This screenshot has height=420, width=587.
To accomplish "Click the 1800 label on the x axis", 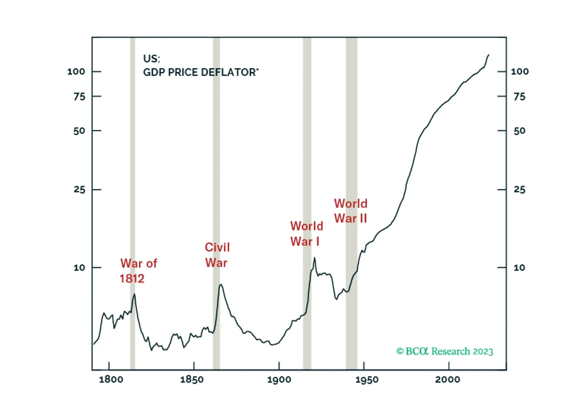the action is (111, 379).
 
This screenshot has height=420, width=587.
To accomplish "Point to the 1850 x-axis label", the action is (192, 379).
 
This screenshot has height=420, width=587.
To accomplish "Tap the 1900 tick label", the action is (279, 379).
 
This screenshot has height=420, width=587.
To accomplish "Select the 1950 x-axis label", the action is (367, 379).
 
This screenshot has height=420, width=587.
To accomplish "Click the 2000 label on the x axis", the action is (447, 379).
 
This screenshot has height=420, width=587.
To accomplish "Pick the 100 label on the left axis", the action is (76, 72).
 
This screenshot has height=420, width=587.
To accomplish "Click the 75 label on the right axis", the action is (519, 97).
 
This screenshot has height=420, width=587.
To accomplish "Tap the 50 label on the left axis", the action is (79, 131).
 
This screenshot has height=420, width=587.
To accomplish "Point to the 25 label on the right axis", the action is (519, 189).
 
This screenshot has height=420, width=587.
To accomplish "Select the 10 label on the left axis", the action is (79, 268).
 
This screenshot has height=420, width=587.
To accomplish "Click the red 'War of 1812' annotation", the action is (138, 271).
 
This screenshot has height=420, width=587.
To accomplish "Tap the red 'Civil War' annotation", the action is (217, 255).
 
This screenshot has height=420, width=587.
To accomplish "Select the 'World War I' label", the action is (307, 233).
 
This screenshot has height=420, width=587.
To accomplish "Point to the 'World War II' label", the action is (351, 211).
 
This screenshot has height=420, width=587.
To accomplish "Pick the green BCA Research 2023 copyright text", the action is (445, 351).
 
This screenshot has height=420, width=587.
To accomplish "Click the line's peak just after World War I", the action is (314, 258).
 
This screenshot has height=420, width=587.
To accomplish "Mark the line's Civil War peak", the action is (221, 285).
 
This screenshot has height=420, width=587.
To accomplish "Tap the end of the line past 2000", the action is (489, 55).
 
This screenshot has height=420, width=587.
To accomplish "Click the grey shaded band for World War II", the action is (352, 203).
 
